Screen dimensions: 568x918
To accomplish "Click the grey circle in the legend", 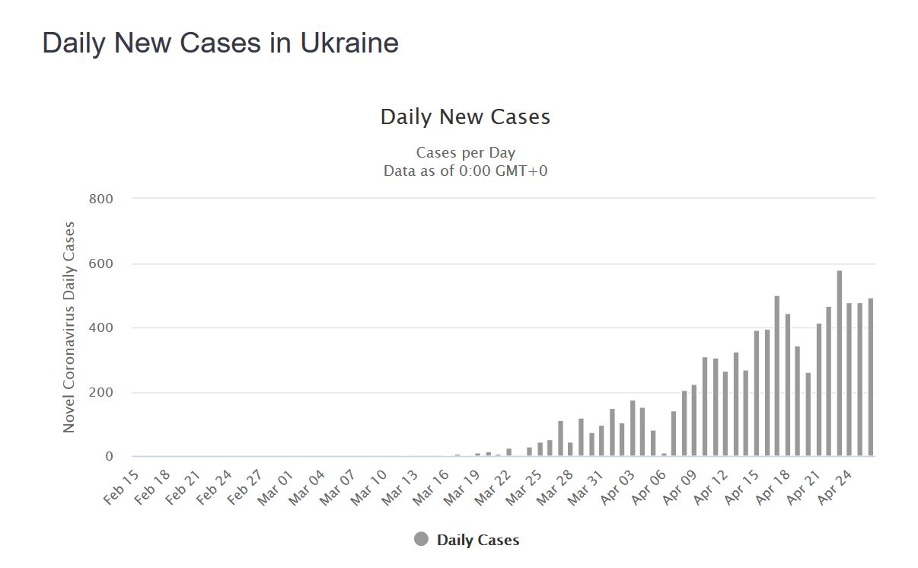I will pos(421,540).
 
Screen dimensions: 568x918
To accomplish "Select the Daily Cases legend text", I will pos(478,541).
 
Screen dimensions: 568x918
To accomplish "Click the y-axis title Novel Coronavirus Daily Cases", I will pos(69,327).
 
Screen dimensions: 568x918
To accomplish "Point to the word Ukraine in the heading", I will pos(349,43).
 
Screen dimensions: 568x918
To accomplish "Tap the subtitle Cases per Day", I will pos(465,153).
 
